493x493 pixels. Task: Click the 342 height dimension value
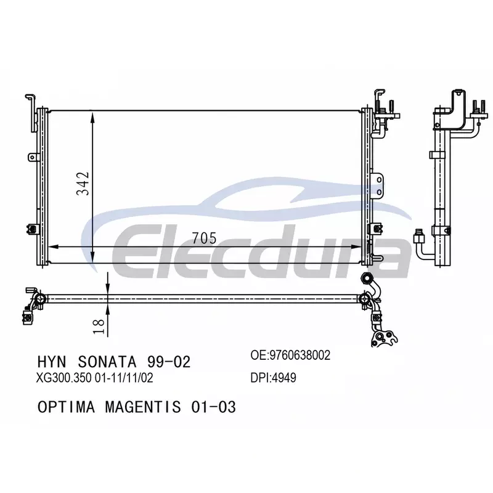point(83,184)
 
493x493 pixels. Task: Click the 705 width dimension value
point(205,238)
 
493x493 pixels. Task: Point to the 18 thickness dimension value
point(99,327)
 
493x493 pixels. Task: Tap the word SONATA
point(107,362)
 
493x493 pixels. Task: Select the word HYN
point(52,362)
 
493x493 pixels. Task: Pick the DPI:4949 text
point(273,378)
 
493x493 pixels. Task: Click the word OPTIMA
point(66,407)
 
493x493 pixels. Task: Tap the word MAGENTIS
point(143,407)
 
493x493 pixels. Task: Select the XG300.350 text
point(64,378)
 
